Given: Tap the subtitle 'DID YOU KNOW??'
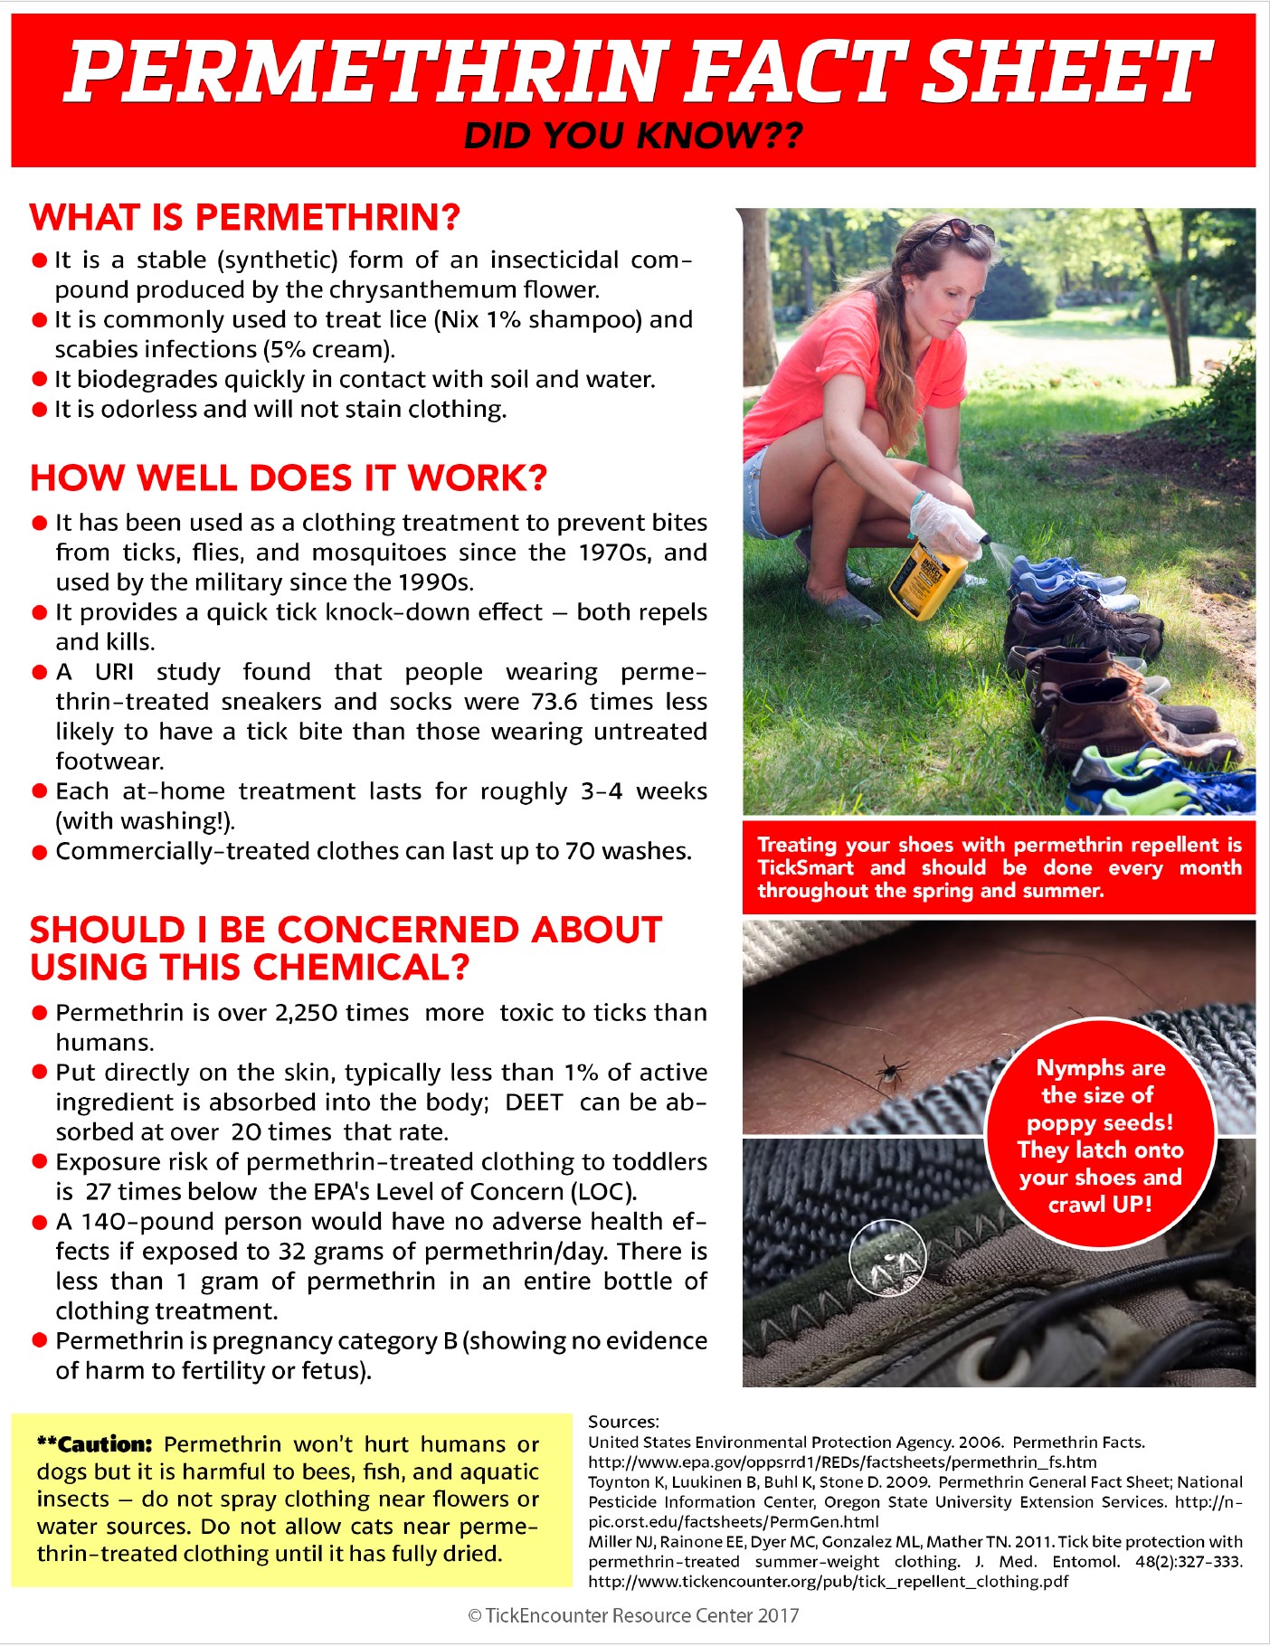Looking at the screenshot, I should tap(633, 136).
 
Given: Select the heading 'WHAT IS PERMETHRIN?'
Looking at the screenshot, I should tap(245, 218).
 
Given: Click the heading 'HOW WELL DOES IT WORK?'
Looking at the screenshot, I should tap(289, 478).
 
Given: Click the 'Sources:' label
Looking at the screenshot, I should tap(623, 1422).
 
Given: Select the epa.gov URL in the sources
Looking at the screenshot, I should tap(841, 1462).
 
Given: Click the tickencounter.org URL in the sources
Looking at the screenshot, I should tap(828, 1582).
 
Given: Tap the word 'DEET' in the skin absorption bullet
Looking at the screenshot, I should tap(534, 1102).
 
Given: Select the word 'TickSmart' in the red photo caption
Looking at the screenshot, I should tap(805, 868).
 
